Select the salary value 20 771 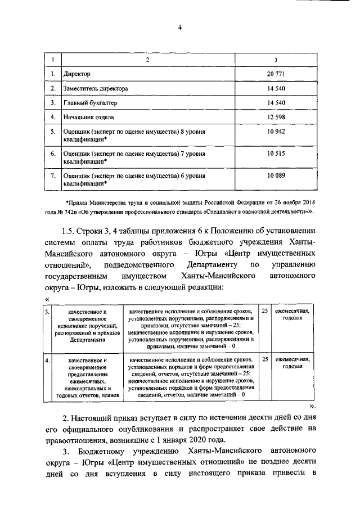click(277, 74)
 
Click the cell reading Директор click(77, 74)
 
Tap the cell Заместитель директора click(96, 89)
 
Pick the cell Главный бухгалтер click(89, 103)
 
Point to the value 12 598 click(277, 118)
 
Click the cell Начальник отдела click(89, 118)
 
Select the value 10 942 click(277, 131)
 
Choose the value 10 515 click(277, 154)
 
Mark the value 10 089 click(277, 176)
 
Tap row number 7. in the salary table click(52, 176)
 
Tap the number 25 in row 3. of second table click(264, 310)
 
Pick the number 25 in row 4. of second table click(264, 358)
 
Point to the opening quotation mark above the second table click(46, 299)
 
